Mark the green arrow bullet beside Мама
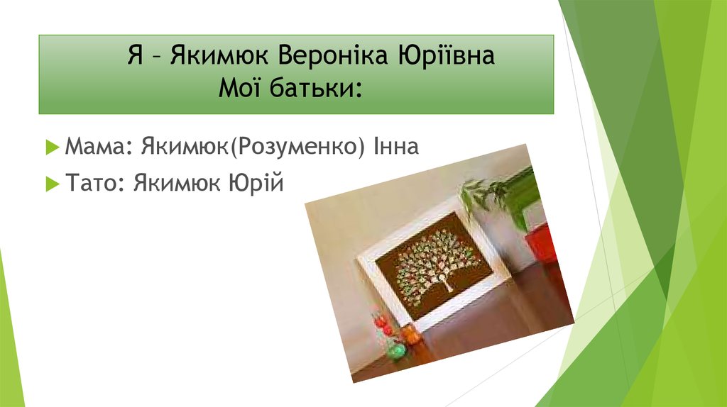pos(52,147)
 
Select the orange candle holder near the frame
pos(411,334)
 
